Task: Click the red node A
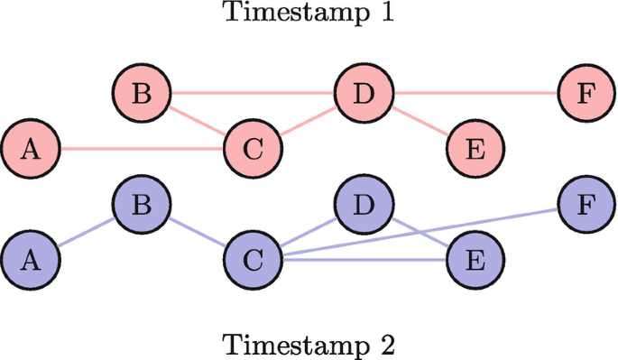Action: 30,149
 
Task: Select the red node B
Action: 142,93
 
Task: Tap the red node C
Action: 254,149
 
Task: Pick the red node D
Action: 364,93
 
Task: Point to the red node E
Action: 475,149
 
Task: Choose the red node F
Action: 587,93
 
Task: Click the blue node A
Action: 30,261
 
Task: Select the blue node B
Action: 142,205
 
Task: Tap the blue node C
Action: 254,261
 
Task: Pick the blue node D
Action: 364,205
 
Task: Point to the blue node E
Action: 475,261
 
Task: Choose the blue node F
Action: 587,205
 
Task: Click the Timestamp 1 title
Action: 309,14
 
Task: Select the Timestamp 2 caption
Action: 309,345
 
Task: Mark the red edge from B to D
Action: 253,93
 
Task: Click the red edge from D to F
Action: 475,93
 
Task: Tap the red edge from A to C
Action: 142,149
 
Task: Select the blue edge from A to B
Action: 86,233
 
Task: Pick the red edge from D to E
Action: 420,121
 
